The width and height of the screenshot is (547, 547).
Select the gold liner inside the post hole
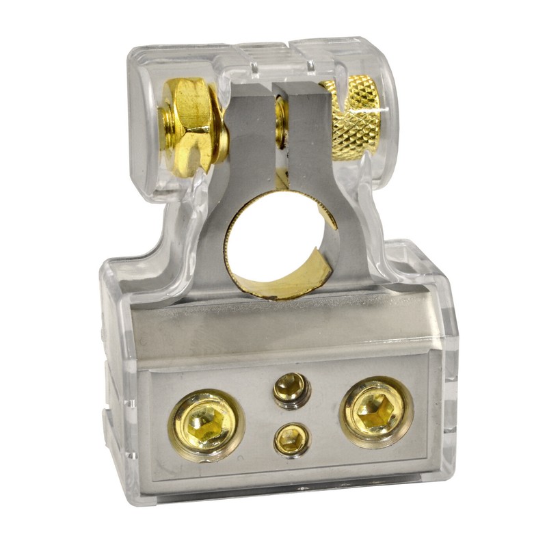point(311,270)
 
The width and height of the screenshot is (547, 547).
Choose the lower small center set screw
point(291,438)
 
